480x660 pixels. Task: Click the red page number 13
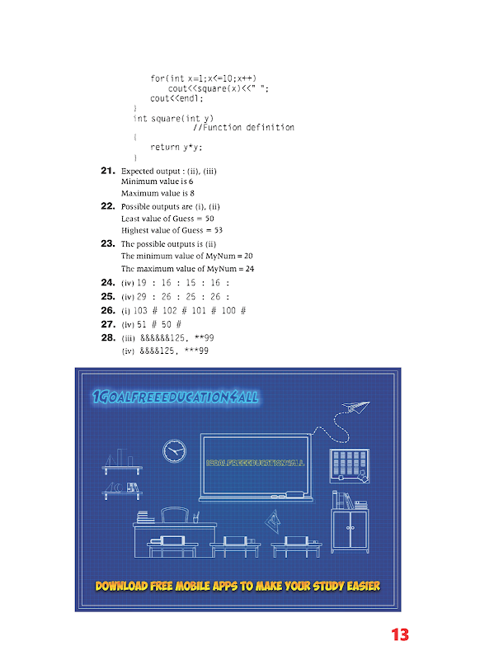400,634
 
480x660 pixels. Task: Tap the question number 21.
108,171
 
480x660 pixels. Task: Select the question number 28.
108,337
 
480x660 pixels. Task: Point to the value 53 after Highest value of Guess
219,230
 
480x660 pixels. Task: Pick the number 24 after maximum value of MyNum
250,269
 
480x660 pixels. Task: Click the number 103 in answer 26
140,311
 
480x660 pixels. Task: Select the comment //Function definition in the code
243,127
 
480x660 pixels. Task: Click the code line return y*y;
176,147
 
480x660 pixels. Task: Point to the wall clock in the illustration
174,450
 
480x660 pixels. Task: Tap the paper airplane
355,407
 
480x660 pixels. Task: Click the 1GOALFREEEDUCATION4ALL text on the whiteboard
255,463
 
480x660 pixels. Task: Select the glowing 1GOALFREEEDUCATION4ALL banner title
176,397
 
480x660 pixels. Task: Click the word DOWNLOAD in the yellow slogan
121,586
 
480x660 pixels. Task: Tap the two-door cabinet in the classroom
350,530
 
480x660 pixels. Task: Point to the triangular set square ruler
273,522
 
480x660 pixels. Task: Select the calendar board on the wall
350,466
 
